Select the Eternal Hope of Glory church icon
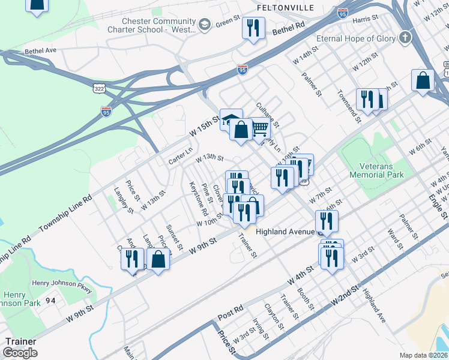pyautogui.click(x=406, y=38)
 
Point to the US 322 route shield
pyautogui.click(x=98, y=88)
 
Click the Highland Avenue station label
pyautogui.click(x=285, y=232)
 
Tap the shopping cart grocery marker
pyautogui.click(x=259, y=128)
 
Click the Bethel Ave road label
pyautogui.click(x=41, y=51)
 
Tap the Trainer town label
pyautogui.click(x=20, y=341)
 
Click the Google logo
pyautogui.click(x=20, y=353)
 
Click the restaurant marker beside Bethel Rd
pyautogui.click(x=253, y=28)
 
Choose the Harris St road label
pyautogui.click(x=364, y=20)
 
